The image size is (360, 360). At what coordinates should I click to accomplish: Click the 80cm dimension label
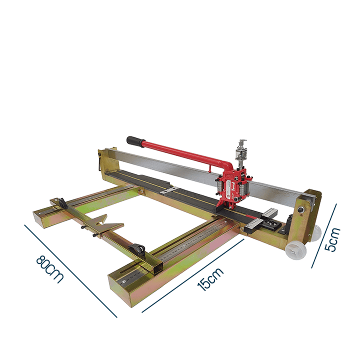tap(49, 269)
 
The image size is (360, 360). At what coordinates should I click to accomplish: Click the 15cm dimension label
tap(210, 279)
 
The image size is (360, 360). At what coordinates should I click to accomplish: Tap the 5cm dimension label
tap(332, 239)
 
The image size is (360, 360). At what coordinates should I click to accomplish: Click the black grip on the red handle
tap(135, 140)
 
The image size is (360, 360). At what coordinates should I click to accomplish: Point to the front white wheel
tap(295, 250)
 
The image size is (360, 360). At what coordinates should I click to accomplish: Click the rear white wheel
tap(316, 232)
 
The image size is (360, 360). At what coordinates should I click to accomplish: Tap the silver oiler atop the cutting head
tap(241, 152)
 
